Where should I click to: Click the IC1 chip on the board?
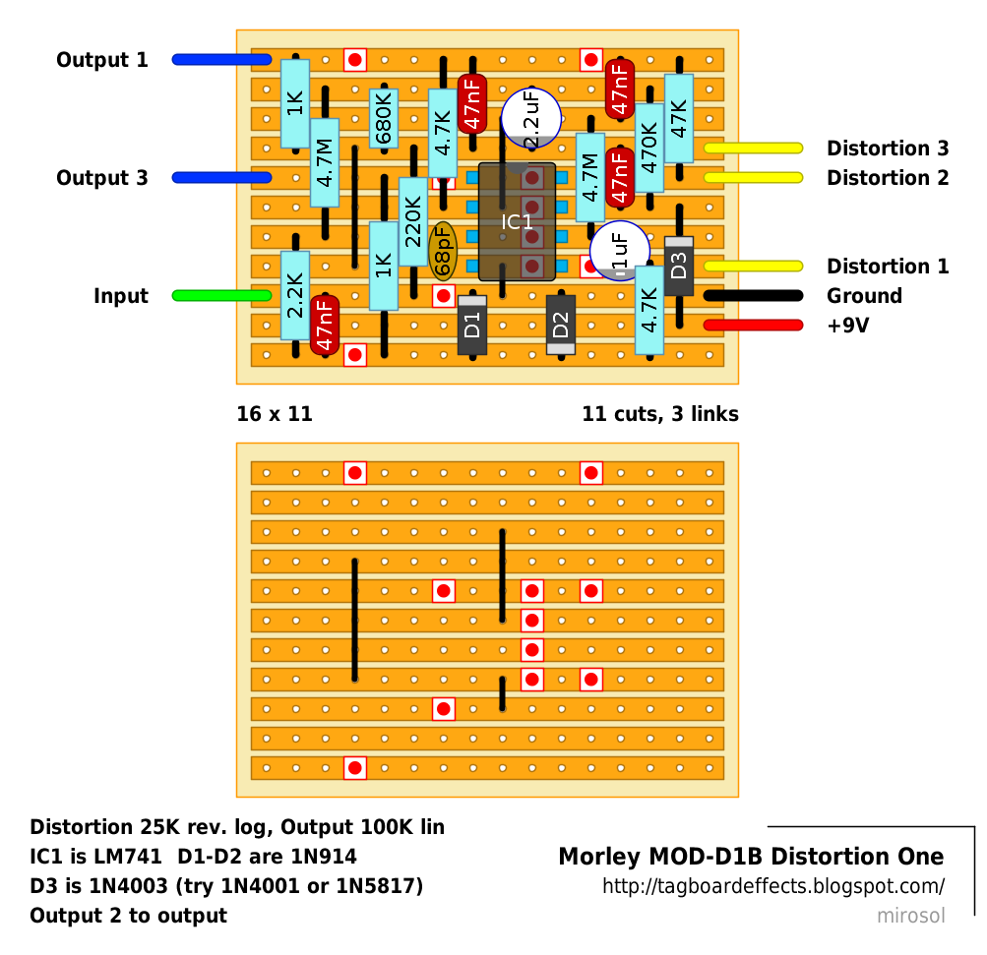point(517,222)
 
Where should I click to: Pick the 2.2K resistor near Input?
point(295,296)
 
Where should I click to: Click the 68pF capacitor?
point(443,251)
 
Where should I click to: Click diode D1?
point(472,326)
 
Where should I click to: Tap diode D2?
point(561,326)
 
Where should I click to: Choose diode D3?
point(679,266)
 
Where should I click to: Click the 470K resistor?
point(649,148)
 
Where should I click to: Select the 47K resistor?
point(679,118)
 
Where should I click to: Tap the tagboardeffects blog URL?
point(772,886)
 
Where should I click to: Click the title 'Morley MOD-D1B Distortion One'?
point(751,857)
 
